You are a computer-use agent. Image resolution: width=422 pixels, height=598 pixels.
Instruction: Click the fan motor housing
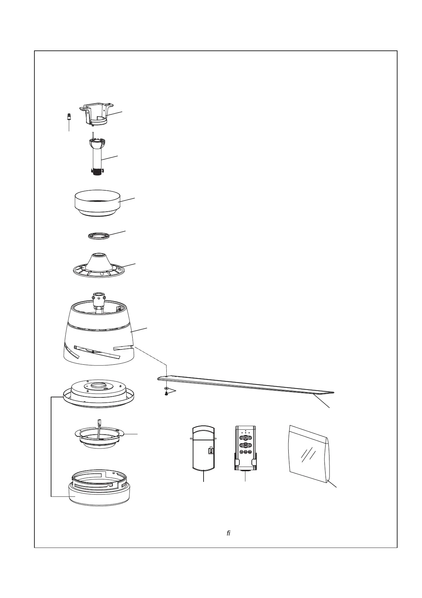99,341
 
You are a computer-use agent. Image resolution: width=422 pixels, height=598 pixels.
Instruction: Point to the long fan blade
248,385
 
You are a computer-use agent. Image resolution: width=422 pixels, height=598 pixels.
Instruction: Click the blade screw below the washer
166,394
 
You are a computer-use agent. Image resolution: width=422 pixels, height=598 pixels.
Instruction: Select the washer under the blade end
166,389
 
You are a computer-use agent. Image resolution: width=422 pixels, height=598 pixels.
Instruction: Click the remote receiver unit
203,449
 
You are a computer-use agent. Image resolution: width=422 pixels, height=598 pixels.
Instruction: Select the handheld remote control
245,448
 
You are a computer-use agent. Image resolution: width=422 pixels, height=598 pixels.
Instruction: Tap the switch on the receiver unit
211,451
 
